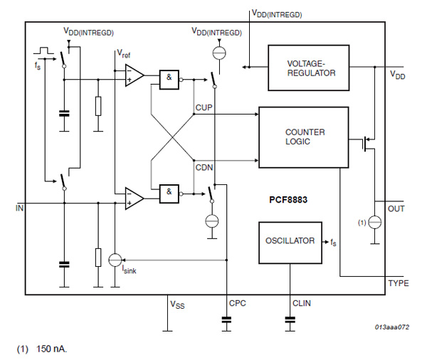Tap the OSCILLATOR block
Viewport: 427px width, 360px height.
(x=290, y=241)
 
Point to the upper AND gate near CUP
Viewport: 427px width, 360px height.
(x=169, y=80)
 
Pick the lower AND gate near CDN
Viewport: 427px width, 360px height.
(x=169, y=192)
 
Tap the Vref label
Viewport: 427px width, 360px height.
(x=124, y=54)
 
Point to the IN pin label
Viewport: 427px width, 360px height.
(x=19, y=209)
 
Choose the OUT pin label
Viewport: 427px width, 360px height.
(x=396, y=209)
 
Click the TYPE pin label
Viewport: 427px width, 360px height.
(x=397, y=283)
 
